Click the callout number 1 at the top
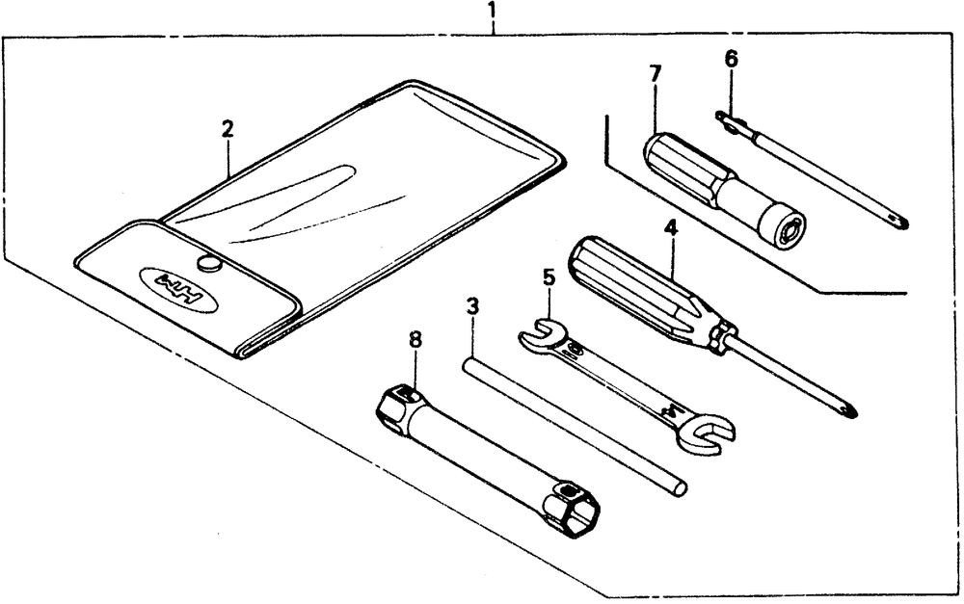[493, 13]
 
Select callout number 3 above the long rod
[472, 307]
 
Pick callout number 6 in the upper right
[731, 59]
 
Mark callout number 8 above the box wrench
[415, 339]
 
